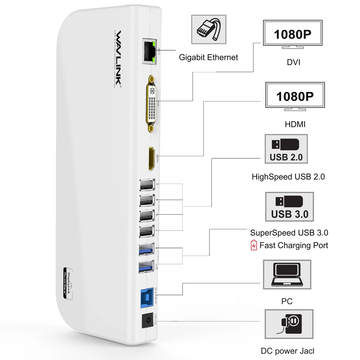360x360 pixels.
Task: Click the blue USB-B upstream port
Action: tap(146, 296)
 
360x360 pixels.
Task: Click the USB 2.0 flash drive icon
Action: tap(286, 149)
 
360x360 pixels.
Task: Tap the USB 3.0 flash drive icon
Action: tap(289, 207)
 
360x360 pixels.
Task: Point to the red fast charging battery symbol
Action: tap(254, 246)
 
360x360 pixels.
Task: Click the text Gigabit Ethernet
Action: tap(208, 57)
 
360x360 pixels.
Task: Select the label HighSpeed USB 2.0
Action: tap(288, 177)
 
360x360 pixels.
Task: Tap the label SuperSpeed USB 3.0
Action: tap(289, 233)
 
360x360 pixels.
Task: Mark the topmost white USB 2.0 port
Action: tap(146, 185)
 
